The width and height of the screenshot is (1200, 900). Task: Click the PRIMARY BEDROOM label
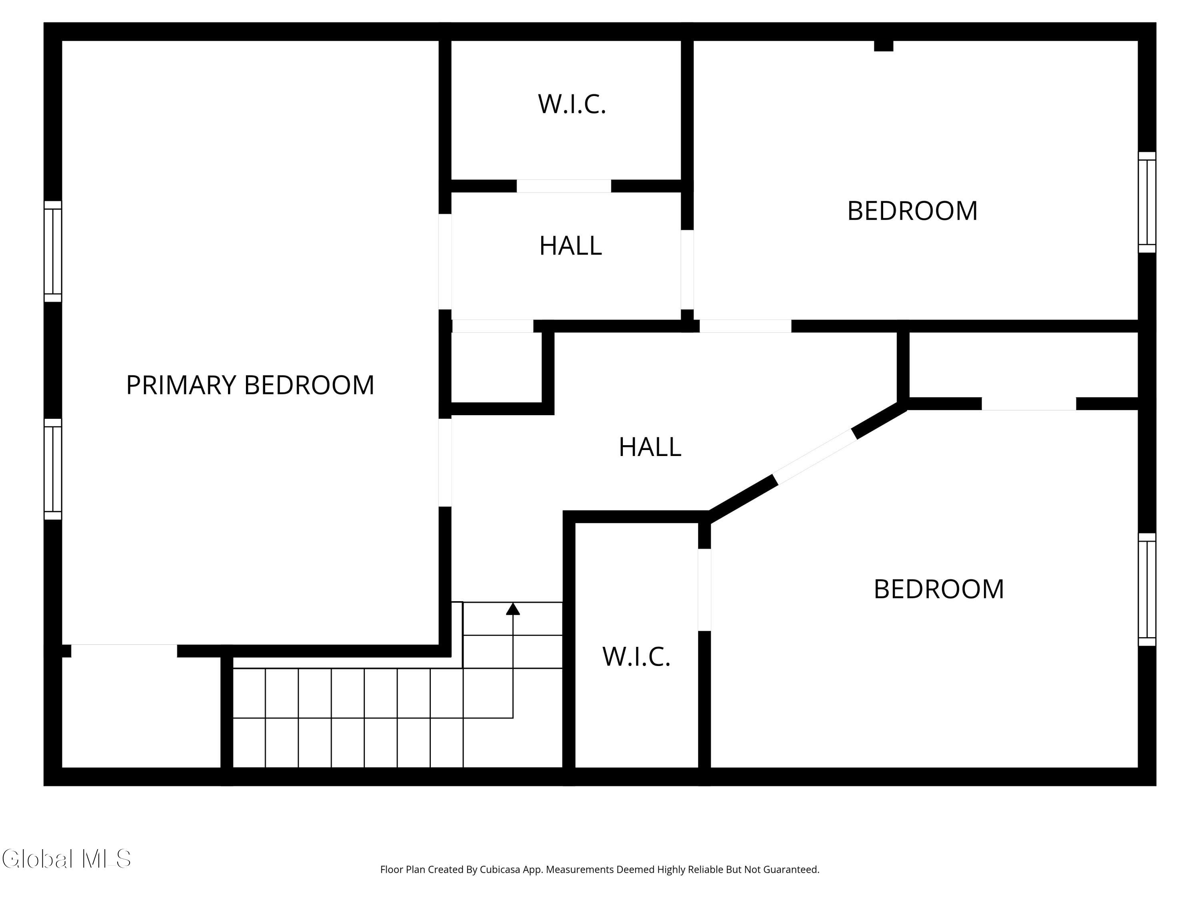pyautogui.click(x=250, y=385)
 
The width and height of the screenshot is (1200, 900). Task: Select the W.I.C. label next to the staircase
pyautogui.click(x=636, y=656)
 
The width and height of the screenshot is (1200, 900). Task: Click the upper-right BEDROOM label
pyautogui.click(x=912, y=211)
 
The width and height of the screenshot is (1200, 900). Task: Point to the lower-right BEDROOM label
pyautogui.click(x=938, y=589)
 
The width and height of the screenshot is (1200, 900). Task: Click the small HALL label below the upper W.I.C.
pyautogui.click(x=570, y=246)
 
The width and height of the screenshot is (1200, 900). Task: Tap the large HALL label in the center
pyautogui.click(x=649, y=447)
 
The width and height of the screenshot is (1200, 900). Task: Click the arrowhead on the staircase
pyautogui.click(x=513, y=609)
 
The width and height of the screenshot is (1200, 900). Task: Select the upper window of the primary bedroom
pyautogui.click(x=53, y=251)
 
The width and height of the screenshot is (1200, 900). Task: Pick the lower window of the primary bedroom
pyautogui.click(x=53, y=469)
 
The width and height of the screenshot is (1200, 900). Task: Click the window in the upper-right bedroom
pyautogui.click(x=1147, y=202)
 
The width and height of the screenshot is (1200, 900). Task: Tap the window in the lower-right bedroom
pyautogui.click(x=1147, y=590)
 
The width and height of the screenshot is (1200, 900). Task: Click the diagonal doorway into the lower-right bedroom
pyautogui.click(x=815, y=457)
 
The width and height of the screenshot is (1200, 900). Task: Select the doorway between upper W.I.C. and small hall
pyautogui.click(x=564, y=186)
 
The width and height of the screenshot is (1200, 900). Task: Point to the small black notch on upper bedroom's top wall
pyautogui.click(x=883, y=46)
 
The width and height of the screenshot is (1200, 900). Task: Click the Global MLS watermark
pyautogui.click(x=66, y=859)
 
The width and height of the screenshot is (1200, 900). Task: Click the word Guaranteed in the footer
pyautogui.click(x=792, y=870)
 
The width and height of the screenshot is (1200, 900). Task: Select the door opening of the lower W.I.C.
pyautogui.click(x=704, y=590)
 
